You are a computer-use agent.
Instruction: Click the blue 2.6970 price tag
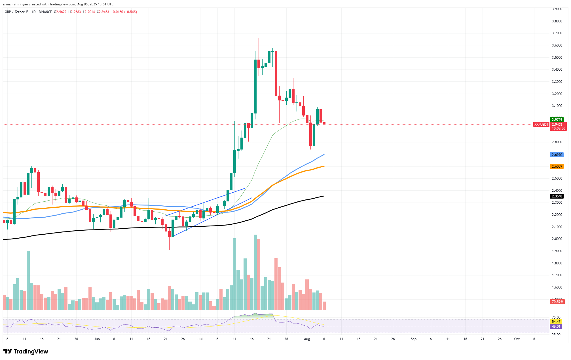557,155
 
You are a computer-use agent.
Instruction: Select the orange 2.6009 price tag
557,167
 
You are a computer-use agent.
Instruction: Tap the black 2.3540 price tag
557,196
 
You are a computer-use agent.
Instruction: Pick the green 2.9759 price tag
557,120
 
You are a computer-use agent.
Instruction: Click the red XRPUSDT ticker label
541,125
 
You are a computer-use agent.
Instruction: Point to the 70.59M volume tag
557,302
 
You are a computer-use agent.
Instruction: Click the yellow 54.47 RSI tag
556,322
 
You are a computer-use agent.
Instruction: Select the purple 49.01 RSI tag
556,327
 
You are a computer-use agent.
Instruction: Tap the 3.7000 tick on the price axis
557,33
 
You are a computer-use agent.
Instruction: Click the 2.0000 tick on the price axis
557,239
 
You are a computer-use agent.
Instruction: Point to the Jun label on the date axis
97,339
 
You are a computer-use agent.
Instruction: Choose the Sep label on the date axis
413,339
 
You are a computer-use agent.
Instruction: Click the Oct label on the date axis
517,339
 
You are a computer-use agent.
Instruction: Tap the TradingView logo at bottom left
26,351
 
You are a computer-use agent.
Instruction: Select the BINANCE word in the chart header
45,12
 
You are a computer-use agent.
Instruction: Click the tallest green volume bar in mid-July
255,272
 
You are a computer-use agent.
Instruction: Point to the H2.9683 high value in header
75,12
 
